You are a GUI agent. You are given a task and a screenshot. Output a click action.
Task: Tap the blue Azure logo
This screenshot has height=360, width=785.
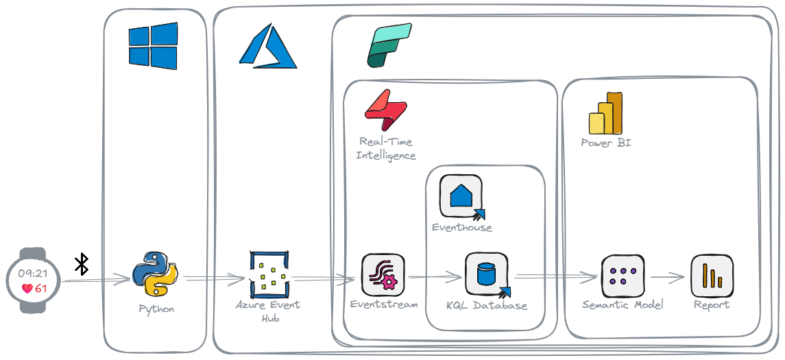click(267, 47)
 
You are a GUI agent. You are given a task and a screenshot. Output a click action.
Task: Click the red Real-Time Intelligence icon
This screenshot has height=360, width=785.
click(385, 110)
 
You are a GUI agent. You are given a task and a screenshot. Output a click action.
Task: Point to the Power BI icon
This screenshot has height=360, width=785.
click(605, 114)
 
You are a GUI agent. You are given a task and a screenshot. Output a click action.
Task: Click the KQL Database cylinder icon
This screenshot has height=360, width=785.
click(486, 275)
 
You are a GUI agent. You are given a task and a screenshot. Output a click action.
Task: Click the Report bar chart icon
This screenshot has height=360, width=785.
click(712, 276)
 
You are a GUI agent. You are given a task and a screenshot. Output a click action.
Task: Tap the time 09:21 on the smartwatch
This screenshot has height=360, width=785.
click(34, 273)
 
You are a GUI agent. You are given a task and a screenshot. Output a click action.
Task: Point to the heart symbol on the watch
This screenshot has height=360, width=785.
click(26, 288)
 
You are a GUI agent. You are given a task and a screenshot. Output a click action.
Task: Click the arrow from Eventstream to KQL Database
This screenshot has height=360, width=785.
click(436, 278)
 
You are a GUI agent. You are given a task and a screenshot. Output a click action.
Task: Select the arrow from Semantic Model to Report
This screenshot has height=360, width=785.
click(666, 278)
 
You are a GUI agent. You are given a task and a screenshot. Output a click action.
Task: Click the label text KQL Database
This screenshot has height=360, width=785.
click(486, 305)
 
